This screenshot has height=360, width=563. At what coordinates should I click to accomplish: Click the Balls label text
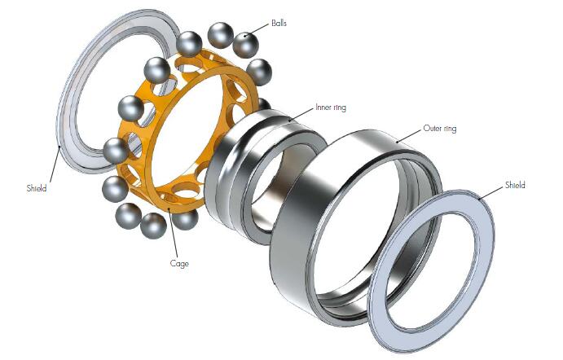(x=279, y=24)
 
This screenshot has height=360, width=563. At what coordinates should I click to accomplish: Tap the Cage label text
(x=179, y=264)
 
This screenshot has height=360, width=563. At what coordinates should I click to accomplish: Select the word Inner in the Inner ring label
(x=323, y=107)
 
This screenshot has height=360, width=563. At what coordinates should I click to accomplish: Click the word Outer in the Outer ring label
(x=432, y=128)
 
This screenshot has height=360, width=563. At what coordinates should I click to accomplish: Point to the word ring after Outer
(x=449, y=129)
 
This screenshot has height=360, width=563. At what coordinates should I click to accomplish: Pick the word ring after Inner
(x=339, y=108)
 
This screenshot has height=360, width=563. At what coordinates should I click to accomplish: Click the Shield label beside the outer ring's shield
(x=515, y=185)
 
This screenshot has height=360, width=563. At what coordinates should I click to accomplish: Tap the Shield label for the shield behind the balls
(x=37, y=188)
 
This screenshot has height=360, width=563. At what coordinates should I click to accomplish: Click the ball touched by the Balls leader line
(x=245, y=45)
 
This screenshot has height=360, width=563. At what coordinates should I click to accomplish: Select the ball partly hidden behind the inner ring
(x=265, y=104)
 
